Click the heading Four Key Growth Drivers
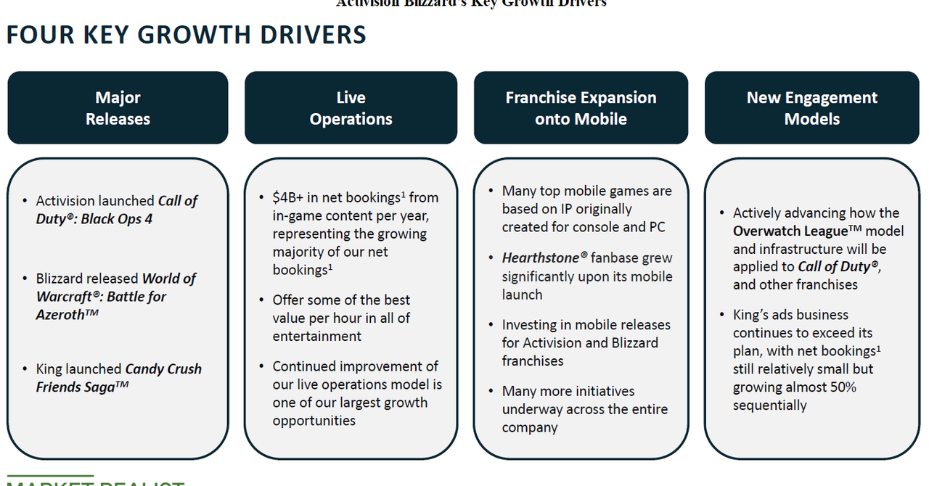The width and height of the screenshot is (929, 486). click(186, 35)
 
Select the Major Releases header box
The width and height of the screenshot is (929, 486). click(118, 108)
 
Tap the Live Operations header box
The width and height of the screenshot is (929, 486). click(351, 108)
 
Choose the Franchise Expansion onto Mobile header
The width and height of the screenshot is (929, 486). click(581, 108)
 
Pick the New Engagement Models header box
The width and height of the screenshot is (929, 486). click(811, 108)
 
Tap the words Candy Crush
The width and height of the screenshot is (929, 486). click(163, 368)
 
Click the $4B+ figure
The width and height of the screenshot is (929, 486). click(289, 197)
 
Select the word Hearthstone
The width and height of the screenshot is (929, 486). click(540, 258)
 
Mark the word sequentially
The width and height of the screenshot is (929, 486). click(769, 405)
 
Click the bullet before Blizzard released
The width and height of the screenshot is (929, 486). click(25, 279)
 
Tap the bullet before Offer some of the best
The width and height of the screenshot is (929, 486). click(261, 300)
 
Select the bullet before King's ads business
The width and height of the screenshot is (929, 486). click(722, 315)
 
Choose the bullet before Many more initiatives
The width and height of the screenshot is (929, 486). click(491, 392)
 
